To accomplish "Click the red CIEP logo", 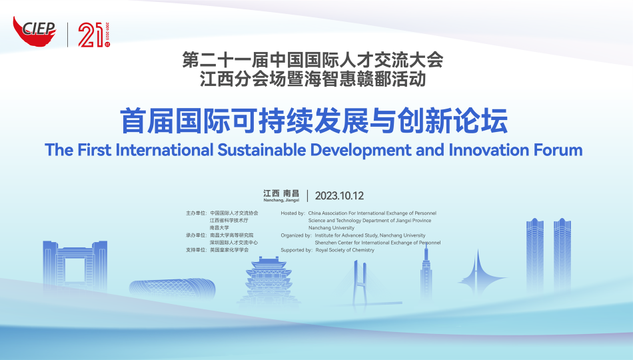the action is pos(34,31).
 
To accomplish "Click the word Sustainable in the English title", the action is pos(262,150).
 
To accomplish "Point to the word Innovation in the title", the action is pos(489,150).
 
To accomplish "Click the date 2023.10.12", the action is pos(340,196).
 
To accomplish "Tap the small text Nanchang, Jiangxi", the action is pos(281,200).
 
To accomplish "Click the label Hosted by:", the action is pos(293,213).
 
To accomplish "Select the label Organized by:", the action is pos(296,235).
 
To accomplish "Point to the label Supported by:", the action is pos(297,250).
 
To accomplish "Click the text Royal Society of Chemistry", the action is pos(344,250).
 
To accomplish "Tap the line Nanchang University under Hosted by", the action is pos(331,228).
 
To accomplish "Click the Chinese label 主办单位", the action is pos(195,213).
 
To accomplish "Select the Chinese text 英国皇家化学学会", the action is pos(229,250).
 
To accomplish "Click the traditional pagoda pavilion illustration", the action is pos(269,281).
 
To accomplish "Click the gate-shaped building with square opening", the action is pos(75,265).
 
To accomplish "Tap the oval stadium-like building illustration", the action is pos(173,289).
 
